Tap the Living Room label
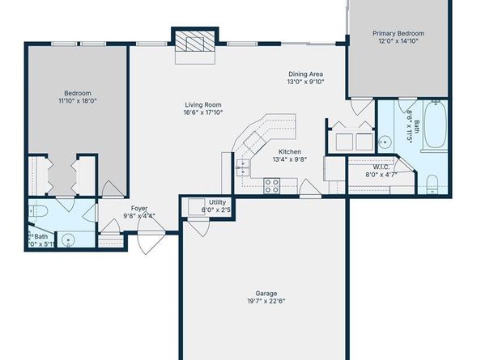[202, 104]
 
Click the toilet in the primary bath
[432, 181]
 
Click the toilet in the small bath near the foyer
[38, 212]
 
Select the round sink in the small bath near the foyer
[69, 239]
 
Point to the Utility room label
[217, 202]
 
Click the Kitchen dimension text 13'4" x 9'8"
[290, 160]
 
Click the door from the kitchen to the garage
[309, 190]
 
